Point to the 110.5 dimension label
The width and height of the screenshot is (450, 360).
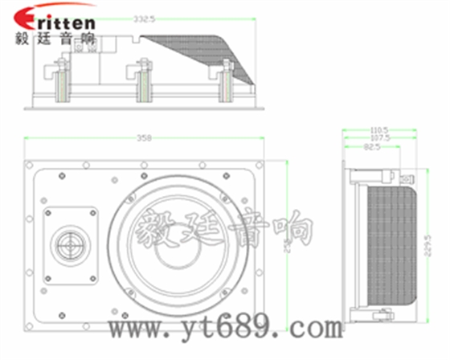coord(378,129)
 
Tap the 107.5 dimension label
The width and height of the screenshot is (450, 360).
coord(378,138)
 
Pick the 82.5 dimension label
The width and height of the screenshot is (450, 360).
coord(372,147)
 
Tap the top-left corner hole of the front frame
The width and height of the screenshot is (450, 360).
coord(30,165)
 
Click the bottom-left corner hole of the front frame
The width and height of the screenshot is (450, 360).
coord(30,321)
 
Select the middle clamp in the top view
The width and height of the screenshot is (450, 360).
coord(144,85)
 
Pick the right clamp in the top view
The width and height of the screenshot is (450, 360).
coord(227,85)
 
